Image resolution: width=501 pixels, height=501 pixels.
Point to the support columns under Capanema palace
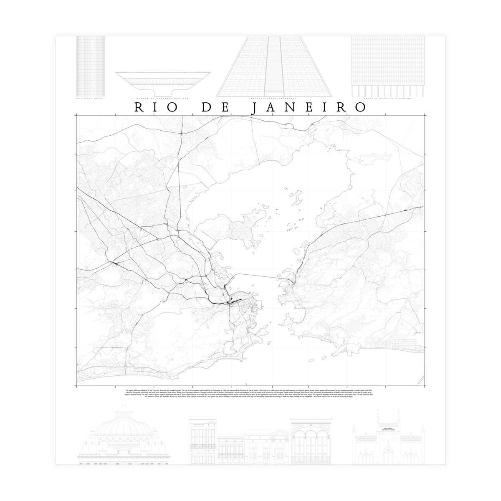point(387,91)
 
